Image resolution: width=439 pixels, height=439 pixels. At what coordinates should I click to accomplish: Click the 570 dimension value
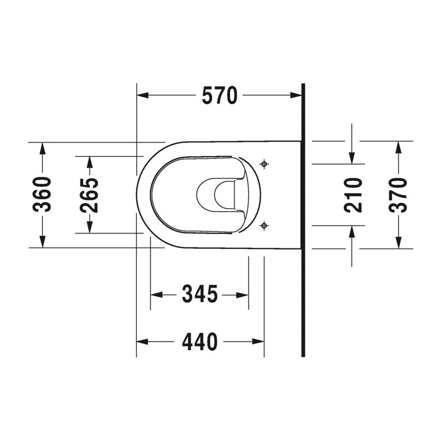point(220,96)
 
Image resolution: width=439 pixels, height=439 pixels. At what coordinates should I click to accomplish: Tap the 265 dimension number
point(89,195)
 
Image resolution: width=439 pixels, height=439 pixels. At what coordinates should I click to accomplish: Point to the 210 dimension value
point(353,195)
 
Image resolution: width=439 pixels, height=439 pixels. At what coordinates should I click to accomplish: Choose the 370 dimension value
point(398,195)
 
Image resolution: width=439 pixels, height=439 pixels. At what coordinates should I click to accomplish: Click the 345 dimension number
point(199,295)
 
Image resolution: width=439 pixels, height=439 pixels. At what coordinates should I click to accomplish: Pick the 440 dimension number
point(199,341)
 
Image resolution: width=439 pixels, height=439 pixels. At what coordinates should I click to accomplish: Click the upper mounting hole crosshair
point(264,164)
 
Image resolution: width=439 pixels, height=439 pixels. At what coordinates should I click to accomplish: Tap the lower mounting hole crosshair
point(264,225)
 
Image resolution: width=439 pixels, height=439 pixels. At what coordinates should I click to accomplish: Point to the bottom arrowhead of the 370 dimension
point(398,242)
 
